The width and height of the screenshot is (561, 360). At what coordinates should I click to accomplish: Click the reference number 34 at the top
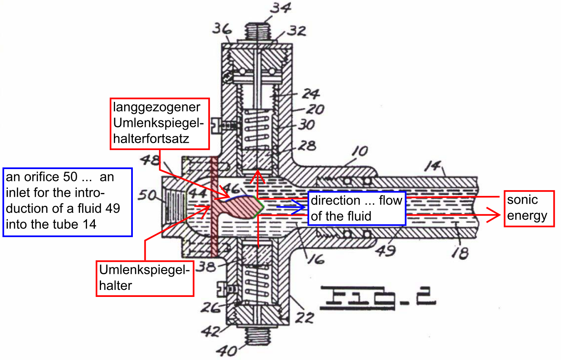(x=280, y=7)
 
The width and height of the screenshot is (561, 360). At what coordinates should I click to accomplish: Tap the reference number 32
(x=297, y=31)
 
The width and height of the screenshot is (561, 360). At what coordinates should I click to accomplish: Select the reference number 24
(x=311, y=94)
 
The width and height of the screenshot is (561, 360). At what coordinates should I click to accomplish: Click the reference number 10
(x=360, y=151)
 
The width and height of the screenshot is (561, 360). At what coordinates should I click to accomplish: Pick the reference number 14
(x=433, y=166)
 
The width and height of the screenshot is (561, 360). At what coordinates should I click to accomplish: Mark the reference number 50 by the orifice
(x=147, y=195)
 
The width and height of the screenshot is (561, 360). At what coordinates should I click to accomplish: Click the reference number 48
(x=150, y=160)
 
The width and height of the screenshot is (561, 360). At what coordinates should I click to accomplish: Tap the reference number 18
(x=460, y=253)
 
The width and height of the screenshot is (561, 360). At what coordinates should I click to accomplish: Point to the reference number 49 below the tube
(x=385, y=250)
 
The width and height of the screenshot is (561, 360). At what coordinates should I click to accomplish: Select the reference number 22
(x=304, y=318)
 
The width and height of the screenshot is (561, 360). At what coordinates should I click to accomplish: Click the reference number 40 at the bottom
(x=226, y=351)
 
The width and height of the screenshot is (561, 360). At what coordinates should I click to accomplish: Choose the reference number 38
(x=206, y=267)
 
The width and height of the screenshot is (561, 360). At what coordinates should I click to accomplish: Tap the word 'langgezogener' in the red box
(x=156, y=108)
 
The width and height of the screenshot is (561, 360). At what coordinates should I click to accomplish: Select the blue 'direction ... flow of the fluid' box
(x=357, y=209)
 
